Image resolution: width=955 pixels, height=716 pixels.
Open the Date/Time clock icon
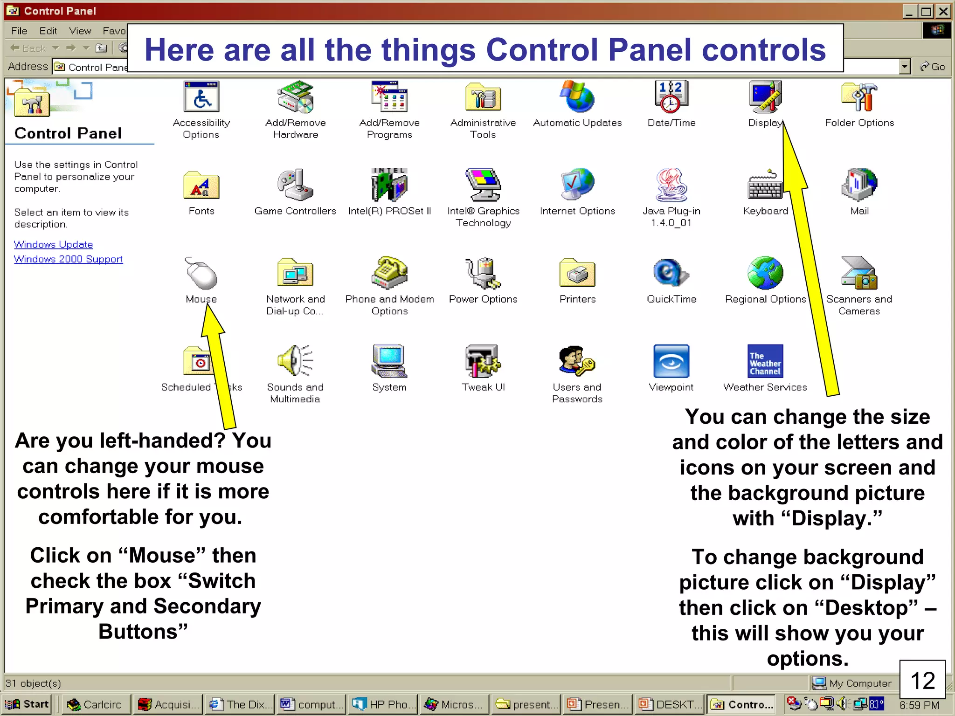pyautogui.click(x=671, y=97)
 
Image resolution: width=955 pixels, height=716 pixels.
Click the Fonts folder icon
pyautogui.click(x=201, y=185)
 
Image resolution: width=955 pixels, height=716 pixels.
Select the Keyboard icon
pyautogui.click(x=765, y=185)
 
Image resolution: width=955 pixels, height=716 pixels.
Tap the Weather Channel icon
pyautogui.click(x=765, y=361)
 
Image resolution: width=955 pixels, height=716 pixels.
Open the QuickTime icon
pyautogui.click(x=671, y=273)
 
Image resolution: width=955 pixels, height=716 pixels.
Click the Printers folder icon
pyautogui.click(x=577, y=273)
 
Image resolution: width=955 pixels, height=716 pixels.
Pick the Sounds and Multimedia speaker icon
pyautogui.click(x=295, y=361)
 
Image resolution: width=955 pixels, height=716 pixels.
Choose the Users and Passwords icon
pyautogui.click(x=577, y=361)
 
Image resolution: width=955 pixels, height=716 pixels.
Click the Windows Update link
pyautogui.click(x=53, y=244)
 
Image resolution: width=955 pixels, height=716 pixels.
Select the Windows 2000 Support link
pyautogui.click(x=68, y=259)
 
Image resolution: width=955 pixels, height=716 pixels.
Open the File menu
pyautogui.click(x=19, y=31)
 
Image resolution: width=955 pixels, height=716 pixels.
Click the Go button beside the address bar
pyautogui.click(x=933, y=67)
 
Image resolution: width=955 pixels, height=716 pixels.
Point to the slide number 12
pyautogui.click(x=922, y=681)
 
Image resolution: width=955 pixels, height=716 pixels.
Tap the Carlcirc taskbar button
pyautogui.click(x=95, y=704)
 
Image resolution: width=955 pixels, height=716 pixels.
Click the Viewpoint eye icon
pyautogui.click(x=671, y=361)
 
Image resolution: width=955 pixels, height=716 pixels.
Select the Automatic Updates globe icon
pyautogui.click(x=577, y=97)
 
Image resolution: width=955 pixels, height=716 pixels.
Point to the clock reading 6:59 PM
pyautogui.click(x=919, y=705)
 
